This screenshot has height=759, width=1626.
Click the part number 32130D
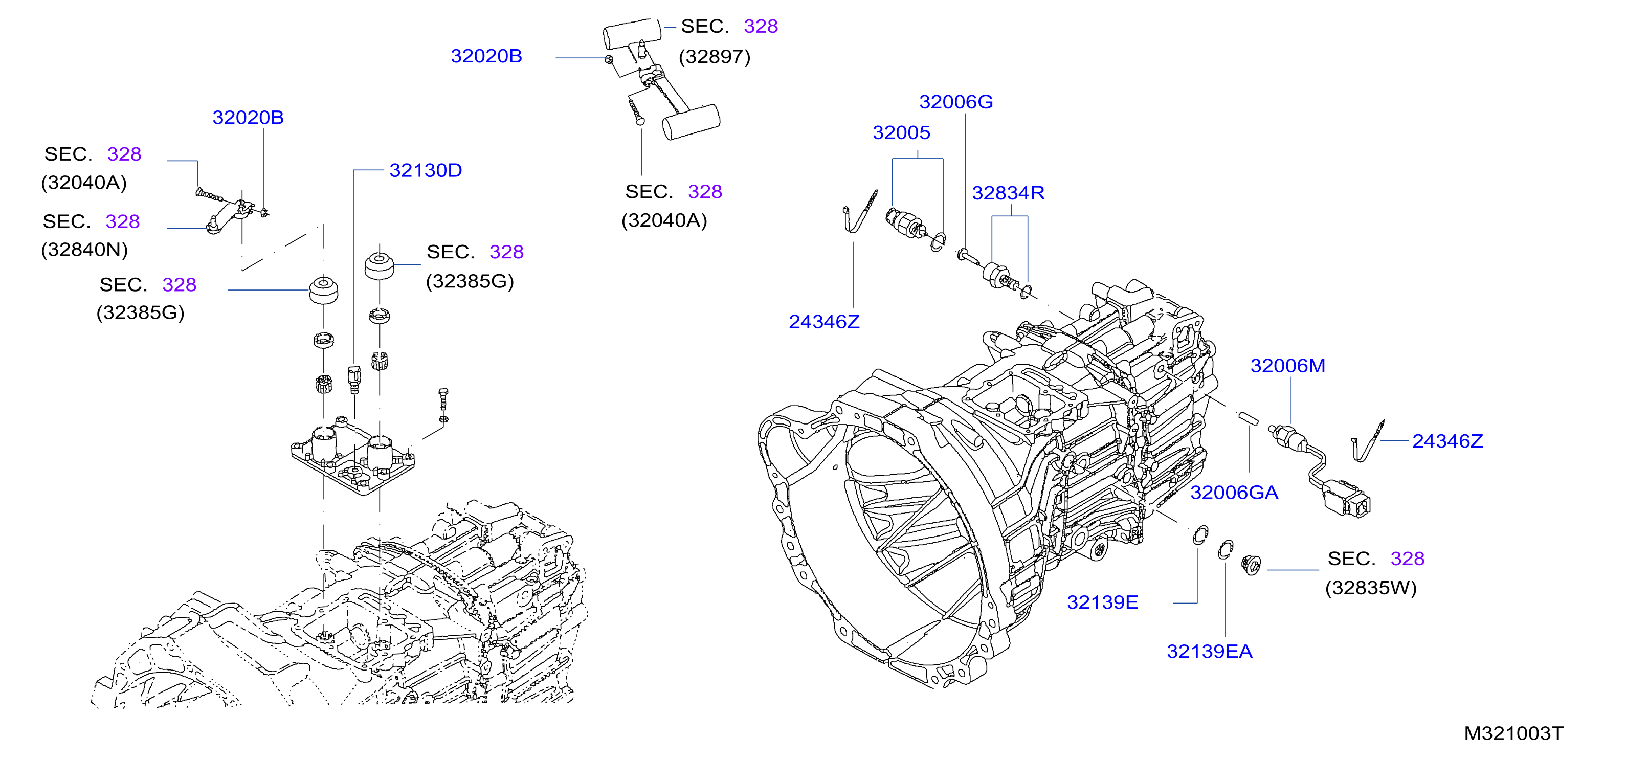click(426, 170)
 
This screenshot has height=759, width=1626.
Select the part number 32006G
click(955, 102)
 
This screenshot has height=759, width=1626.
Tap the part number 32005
click(901, 132)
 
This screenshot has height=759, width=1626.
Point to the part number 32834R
click(1008, 193)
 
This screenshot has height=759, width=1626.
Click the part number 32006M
click(1288, 366)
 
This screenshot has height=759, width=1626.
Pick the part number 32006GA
click(1234, 493)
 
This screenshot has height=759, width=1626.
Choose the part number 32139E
click(1102, 602)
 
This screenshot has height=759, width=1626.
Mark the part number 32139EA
click(1210, 652)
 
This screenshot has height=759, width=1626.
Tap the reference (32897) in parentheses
click(715, 57)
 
